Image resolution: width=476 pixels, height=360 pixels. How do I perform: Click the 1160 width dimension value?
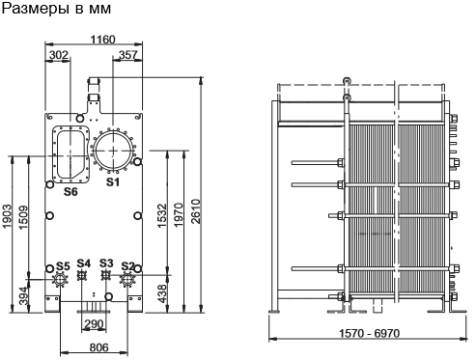102,40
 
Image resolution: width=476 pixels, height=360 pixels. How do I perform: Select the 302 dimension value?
59,55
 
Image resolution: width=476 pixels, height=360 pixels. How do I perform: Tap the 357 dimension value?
128,55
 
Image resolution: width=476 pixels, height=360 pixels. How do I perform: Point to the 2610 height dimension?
196,211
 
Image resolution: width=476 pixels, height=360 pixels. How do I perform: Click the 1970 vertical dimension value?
179,214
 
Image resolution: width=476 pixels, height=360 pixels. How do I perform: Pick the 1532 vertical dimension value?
162,215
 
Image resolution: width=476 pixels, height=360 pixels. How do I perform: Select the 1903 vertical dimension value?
7,216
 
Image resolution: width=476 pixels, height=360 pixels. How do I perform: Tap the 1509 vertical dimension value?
23,218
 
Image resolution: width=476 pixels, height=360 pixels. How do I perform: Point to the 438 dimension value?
162,293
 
